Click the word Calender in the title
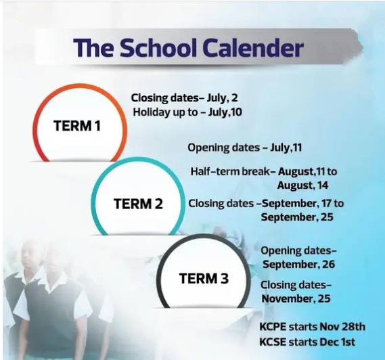tap(253, 47)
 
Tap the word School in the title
tap(158, 47)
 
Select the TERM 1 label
tap(77, 126)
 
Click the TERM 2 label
tap(138, 204)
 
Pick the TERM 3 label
tap(204, 278)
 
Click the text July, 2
tap(222, 98)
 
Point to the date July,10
tap(225, 112)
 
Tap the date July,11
tap(286, 148)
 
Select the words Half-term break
tap(230, 171)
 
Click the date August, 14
tap(302, 185)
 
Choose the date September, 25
tap(297, 217)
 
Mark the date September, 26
tap(299, 265)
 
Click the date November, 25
tap(296, 299)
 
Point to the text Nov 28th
tap(342, 327)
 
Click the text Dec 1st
tap(338, 342)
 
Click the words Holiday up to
tap(165, 112)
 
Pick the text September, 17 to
tap(302, 204)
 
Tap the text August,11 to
tap(307, 171)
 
